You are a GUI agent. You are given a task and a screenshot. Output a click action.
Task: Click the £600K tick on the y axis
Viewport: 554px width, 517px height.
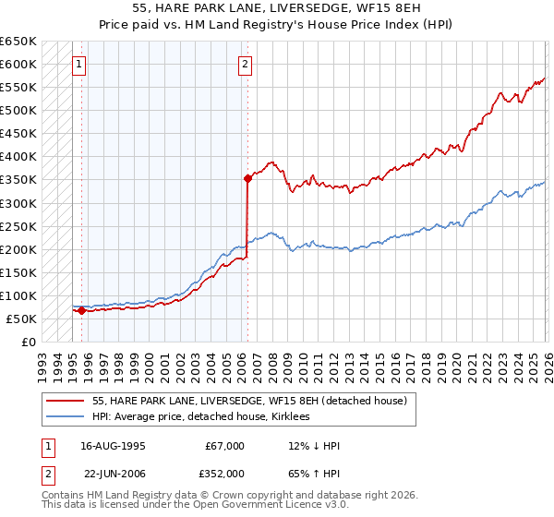(18, 65)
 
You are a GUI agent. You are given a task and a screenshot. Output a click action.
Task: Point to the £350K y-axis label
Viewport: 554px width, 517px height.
(18, 180)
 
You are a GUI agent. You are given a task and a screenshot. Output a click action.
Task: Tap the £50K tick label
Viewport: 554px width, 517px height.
(21, 319)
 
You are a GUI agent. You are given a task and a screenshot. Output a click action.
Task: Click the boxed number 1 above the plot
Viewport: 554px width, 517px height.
(79, 65)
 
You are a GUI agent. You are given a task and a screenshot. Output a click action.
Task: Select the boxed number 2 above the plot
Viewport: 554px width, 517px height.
(246, 65)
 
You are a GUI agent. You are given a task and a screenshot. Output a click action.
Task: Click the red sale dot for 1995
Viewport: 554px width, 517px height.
(81, 311)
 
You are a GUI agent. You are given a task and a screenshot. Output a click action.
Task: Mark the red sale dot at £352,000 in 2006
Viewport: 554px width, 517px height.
(247, 179)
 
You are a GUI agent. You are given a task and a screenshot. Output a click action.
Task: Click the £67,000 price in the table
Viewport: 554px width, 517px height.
(224, 446)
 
